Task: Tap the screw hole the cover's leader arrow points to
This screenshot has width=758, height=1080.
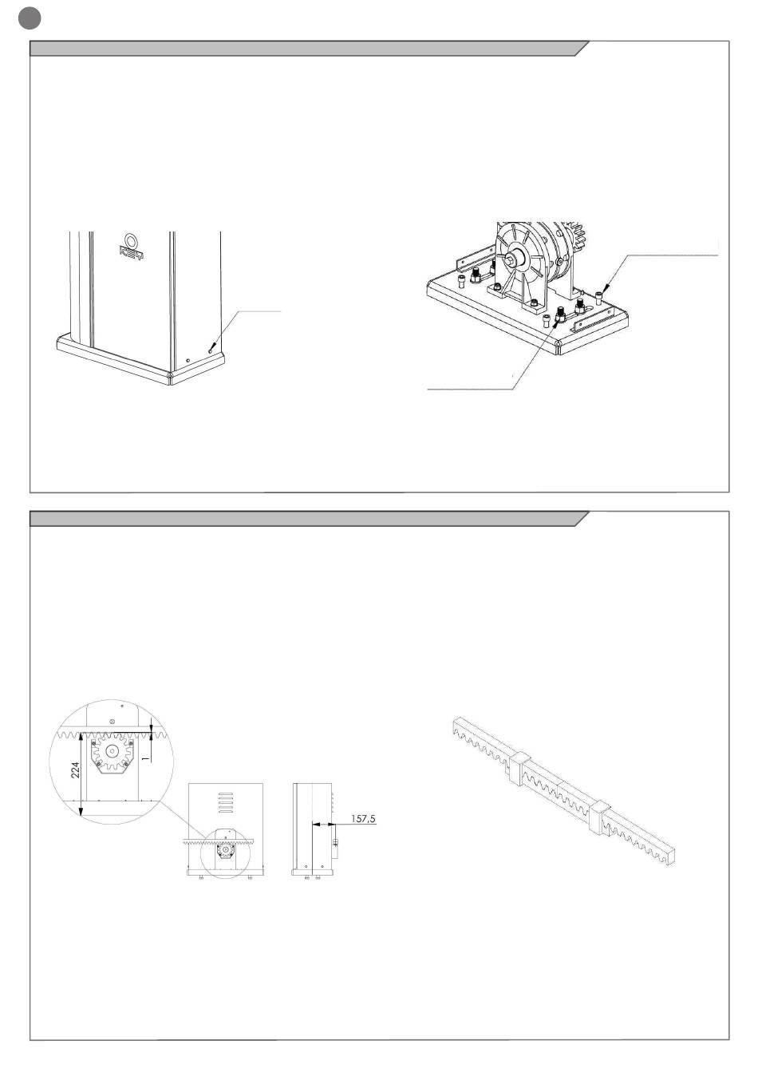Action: [210, 348]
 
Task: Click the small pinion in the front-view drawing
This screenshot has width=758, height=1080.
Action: [225, 852]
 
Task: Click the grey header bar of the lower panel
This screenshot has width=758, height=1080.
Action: [303, 519]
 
